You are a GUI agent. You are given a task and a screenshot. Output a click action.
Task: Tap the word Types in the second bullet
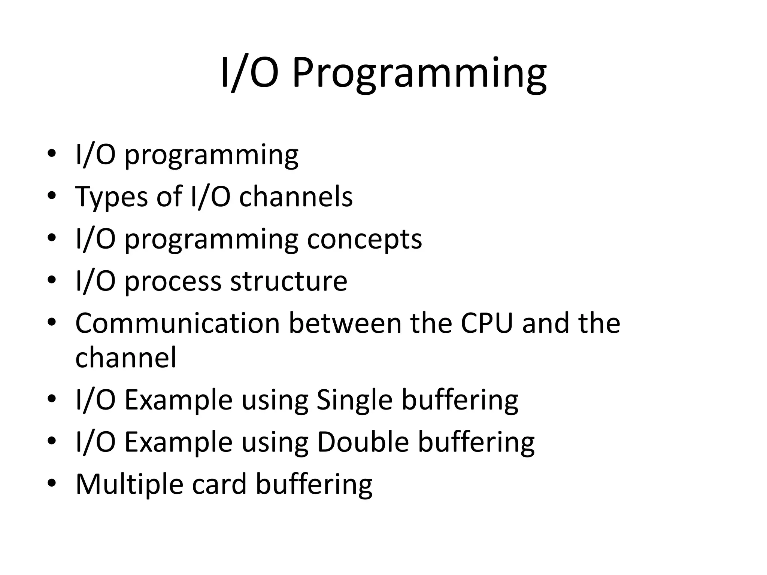111,197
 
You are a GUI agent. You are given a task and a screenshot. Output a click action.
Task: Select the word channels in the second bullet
296,197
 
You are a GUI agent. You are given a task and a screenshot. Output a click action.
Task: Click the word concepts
364,240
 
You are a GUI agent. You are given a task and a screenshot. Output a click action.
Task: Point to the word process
173,282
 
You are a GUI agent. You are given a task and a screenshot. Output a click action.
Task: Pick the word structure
288,281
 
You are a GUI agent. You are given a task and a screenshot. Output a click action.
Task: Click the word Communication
178,323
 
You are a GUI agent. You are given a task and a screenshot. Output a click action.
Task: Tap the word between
345,323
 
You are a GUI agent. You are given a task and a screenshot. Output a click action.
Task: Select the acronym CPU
486,323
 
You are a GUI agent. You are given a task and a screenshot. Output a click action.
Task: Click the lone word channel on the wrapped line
125,358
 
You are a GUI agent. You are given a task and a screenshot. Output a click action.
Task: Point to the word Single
354,401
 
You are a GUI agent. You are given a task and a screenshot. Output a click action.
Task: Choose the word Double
363,442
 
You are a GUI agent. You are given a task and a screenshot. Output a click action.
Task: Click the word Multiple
129,485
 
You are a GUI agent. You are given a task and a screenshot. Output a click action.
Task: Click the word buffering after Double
476,442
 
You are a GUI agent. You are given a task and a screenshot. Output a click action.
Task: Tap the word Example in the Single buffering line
178,401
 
